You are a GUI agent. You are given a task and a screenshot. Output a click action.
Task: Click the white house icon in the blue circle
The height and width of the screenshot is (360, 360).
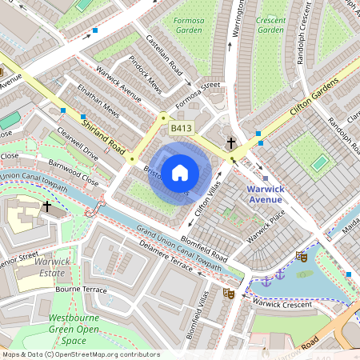(180, 172)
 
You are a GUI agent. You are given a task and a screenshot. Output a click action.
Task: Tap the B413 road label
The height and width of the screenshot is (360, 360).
(180, 128)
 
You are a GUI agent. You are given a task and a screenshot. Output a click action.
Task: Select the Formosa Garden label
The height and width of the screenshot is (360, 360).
(188, 23)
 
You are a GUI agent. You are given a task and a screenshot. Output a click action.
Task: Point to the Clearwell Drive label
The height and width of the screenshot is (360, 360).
(78, 142)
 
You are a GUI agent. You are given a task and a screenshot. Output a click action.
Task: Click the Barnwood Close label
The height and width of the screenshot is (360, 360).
(73, 171)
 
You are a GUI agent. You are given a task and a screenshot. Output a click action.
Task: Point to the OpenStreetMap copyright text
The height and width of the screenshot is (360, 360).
(80, 354)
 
